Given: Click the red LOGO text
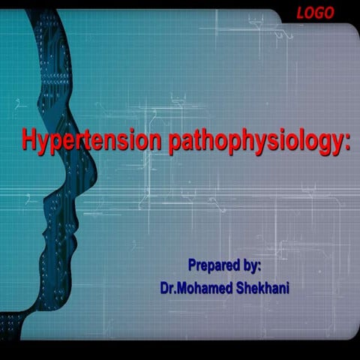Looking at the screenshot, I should click(x=316, y=12).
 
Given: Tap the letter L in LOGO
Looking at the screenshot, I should click(x=300, y=12).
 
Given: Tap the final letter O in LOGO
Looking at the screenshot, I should click(x=330, y=12).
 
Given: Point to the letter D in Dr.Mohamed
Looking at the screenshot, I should click(x=163, y=286).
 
